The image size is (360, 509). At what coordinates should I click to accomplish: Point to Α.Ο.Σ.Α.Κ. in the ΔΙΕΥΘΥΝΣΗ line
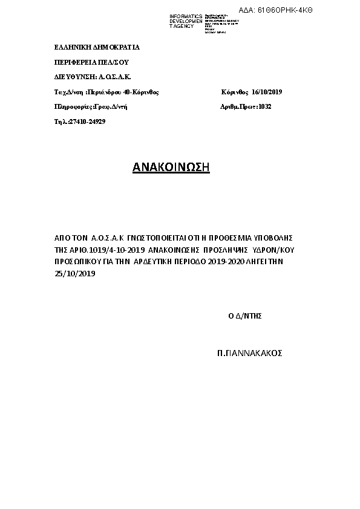(116, 77)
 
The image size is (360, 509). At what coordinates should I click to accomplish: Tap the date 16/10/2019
(267, 92)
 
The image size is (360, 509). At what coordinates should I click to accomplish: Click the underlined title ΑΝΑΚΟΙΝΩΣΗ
(171, 167)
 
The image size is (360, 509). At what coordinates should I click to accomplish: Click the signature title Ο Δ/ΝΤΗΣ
(244, 316)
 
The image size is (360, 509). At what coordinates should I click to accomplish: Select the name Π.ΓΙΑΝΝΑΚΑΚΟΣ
(249, 353)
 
